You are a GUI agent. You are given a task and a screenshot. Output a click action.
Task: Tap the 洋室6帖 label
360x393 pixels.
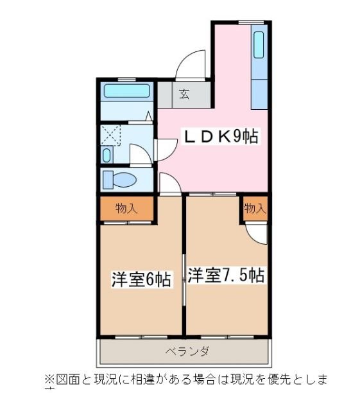pyautogui.click(x=141, y=280)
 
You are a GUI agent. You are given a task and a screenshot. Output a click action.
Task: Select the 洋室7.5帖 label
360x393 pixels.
pyautogui.click(x=226, y=275)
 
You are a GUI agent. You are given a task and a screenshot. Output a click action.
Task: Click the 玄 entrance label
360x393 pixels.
pyautogui.click(x=184, y=95)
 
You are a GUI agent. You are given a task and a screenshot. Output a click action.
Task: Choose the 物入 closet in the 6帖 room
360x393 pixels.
pyautogui.click(x=127, y=208)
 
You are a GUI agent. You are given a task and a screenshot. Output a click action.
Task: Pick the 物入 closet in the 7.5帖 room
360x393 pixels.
pyautogui.click(x=255, y=208)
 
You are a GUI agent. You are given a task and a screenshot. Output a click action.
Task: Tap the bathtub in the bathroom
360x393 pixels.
pyautogui.click(x=126, y=92)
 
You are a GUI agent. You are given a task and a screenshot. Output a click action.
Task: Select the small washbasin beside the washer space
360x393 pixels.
pyautogui.click(x=107, y=155)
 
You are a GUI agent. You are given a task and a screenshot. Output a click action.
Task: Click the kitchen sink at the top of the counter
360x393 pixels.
pyautogui.click(x=259, y=47)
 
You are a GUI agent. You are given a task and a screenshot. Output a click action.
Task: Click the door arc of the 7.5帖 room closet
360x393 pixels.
pyautogui.click(x=257, y=234)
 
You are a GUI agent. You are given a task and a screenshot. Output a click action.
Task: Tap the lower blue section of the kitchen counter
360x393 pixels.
pyautogui.click(x=259, y=94)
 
